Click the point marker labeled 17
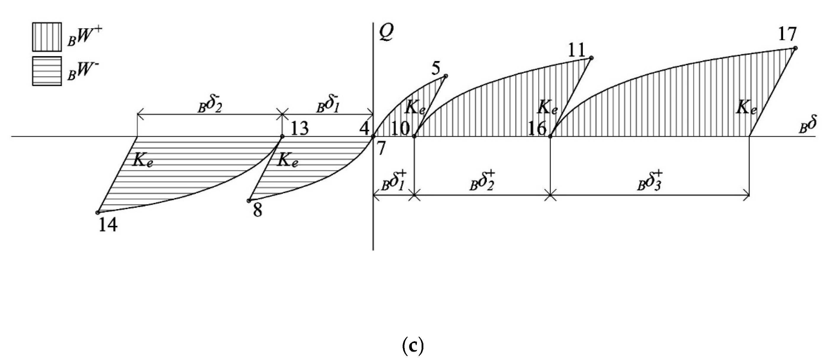click(795, 48)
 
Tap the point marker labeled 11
click(591, 58)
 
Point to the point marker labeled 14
click(98, 212)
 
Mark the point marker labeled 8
click(249, 201)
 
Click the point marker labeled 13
click(282, 136)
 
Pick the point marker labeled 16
click(550, 137)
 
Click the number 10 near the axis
click(401, 129)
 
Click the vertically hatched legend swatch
click(47, 36)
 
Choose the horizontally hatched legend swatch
click(47, 71)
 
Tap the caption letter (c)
click(413, 346)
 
